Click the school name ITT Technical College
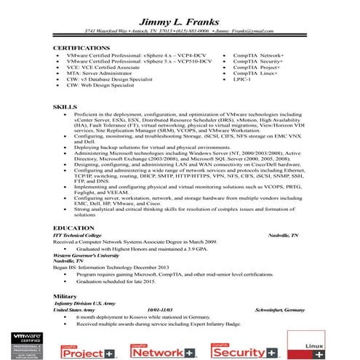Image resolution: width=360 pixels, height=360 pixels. point(79,236)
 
